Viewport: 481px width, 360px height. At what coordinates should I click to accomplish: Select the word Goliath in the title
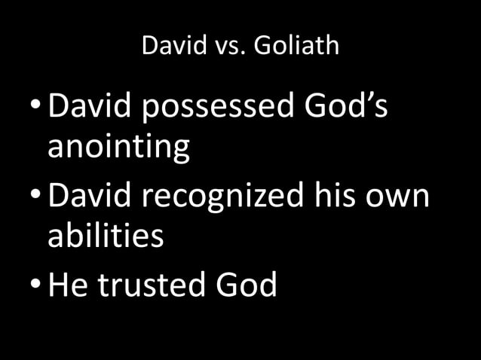coord(296,47)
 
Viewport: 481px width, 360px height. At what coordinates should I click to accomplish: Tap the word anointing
coord(118,148)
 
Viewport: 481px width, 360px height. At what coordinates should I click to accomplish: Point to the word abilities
coord(106,236)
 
